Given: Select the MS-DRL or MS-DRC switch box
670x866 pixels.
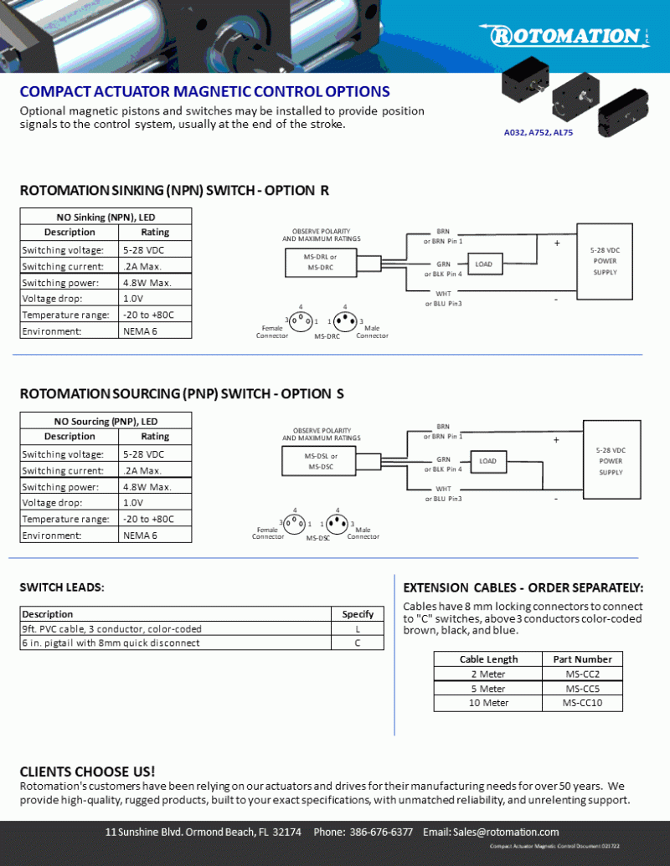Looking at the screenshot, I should pyautogui.click(x=321, y=262).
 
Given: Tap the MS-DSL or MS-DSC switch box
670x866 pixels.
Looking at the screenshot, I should pyautogui.click(x=322, y=461).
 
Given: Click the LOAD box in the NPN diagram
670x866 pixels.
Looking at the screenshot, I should pyautogui.click(x=484, y=264).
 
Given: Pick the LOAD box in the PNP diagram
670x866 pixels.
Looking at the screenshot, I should pyautogui.click(x=487, y=461).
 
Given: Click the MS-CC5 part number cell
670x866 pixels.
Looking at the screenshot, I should pyautogui.click(x=582, y=689).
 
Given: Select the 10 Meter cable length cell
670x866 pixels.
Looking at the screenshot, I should pyautogui.click(x=488, y=703).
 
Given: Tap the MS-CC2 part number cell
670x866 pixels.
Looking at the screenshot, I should pyautogui.click(x=582, y=674).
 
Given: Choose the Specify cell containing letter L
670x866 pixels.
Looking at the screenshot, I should pyautogui.click(x=358, y=628).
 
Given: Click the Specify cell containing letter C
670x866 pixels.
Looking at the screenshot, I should pyautogui.click(x=358, y=643).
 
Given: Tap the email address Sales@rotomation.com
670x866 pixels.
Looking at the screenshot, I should pyautogui.click(x=491, y=832).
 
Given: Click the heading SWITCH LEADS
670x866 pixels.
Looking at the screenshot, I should pyautogui.click(x=62, y=587).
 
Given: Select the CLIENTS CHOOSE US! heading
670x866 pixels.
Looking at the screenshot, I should pyautogui.click(x=87, y=771).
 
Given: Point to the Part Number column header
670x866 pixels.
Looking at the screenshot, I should pyautogui.click(x=582, y=658).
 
